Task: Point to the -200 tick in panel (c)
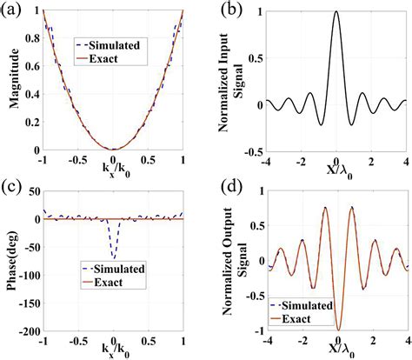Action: [x=28, y=331]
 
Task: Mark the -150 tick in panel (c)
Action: [x=28, y=303]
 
